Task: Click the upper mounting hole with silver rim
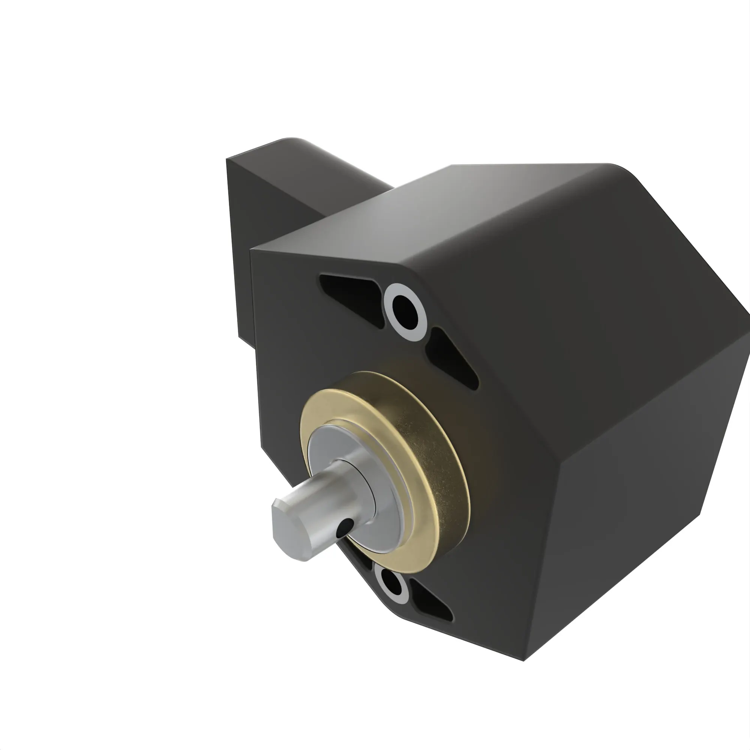[x=405, y=310]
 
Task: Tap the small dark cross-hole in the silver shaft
[x=345, y=528]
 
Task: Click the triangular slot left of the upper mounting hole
[x=349, y=293]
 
